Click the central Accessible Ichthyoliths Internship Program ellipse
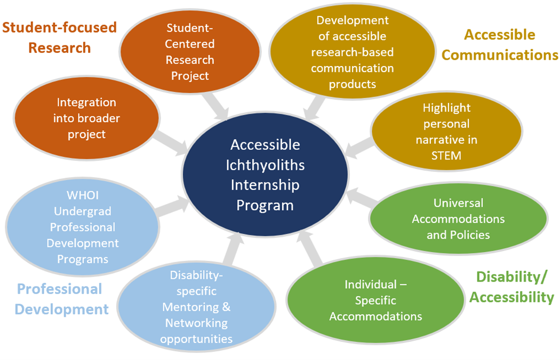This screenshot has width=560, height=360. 265,175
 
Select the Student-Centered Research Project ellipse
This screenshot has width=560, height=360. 190,51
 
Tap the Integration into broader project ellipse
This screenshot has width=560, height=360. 86,118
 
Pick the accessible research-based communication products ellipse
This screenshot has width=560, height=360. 353,52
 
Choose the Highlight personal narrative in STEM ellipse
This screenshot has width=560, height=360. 446,131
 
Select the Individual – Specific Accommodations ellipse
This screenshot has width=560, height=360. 375,300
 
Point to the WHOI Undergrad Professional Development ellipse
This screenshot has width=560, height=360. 83,226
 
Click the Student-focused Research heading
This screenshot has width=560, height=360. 59,37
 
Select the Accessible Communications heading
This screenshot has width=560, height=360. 500,45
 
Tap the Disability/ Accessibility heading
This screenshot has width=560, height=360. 511,286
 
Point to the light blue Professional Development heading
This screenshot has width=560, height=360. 62,299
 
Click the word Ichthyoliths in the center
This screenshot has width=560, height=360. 265,165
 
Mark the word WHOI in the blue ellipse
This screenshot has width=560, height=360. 83,195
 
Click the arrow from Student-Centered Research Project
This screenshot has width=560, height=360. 220,107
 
